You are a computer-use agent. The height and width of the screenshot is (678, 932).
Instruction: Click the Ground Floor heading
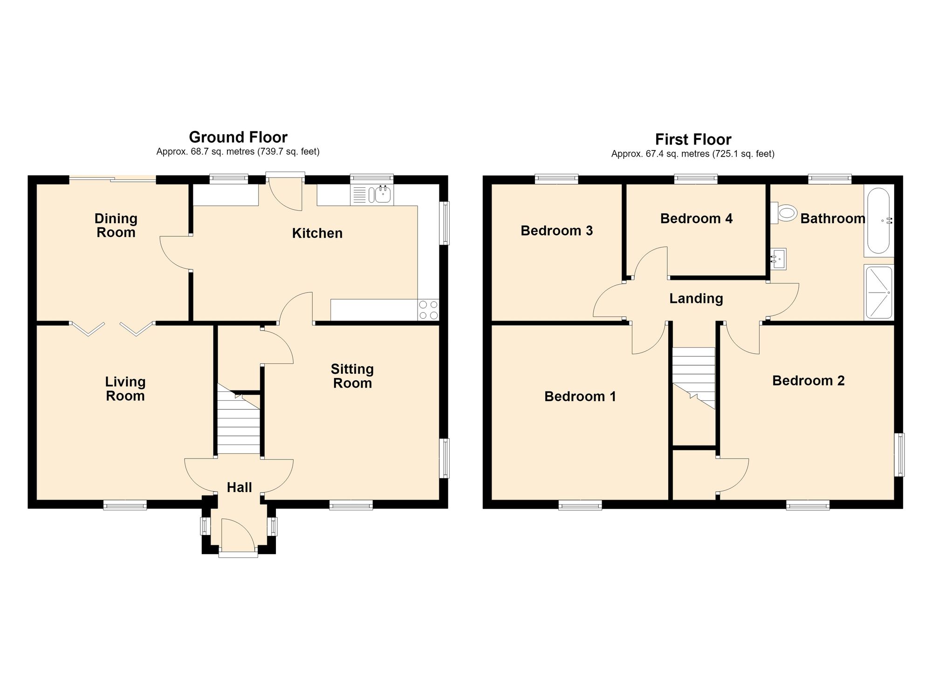pyautogui.click(x=238, y=137)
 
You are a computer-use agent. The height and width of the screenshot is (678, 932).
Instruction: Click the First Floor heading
pyautogui.click(x=693, y=139)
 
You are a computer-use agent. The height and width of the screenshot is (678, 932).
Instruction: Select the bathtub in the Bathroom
pyautogui.click(x=879, y=220)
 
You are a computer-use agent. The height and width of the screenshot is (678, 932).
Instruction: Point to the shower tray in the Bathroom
pyautogui.click(x=879, y=293)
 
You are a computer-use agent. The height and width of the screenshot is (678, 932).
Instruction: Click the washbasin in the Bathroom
pyautogui.click(x=778, y=259)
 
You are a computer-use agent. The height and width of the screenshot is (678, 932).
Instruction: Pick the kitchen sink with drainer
pyautogui.click(x=372, y=195)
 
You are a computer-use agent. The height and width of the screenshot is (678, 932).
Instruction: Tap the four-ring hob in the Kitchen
pyautogui.click(x=428, y=310)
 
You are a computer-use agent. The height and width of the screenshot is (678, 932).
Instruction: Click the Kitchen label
pyautogui.click(x=317, y=233)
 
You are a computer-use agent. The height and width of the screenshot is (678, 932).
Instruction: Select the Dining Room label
pyautogui.click(x=116, y=226)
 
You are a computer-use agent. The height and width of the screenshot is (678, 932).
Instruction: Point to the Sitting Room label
pyautogui.click(x=352, y=376)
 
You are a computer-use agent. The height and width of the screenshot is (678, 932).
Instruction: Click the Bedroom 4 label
pyautogui.click(x=696, y=219)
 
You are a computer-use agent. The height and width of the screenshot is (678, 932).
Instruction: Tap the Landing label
pyautogui.click(x=696, y=299)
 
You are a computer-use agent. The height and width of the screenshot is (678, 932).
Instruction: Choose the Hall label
pyautogui.click(x=240, y=487)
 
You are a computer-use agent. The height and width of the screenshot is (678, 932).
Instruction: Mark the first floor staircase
pyautogui.click(x=693, y=378)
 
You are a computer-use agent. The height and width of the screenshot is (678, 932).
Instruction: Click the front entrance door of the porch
pyautogui.click(x=238, y=554)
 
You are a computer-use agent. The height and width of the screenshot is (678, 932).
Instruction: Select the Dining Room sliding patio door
pyautogui.click(x=112, y=179)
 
